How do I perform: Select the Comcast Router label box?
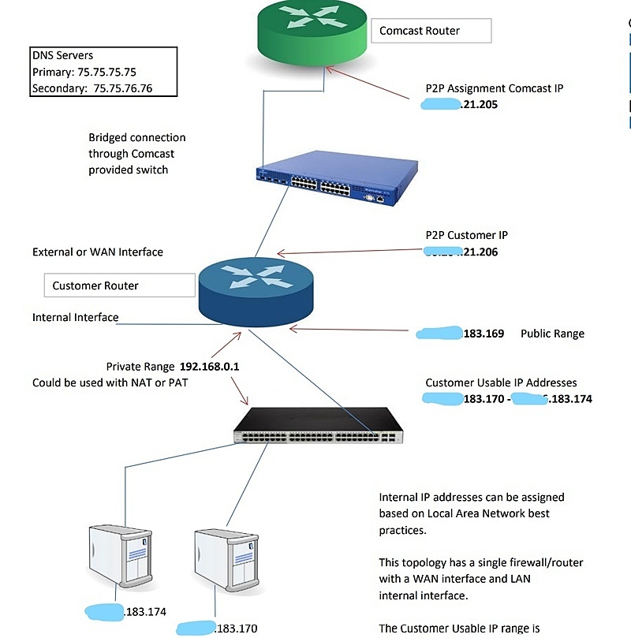click(x=431, y=32)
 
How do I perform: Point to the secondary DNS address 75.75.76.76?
click(x=123, y=88)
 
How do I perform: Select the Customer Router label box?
click(x=119, y=285)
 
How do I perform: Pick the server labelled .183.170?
click(x=225, y=555)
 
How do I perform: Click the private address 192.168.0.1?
click(x=209, y=367)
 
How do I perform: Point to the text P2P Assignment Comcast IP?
click(x=495, y=88)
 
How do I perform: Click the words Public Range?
click(x=552, y=334)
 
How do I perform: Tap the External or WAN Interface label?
click(x=98, y=252)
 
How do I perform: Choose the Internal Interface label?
click(x=76, y=318)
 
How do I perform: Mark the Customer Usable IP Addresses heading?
click(x=501, y=382)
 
